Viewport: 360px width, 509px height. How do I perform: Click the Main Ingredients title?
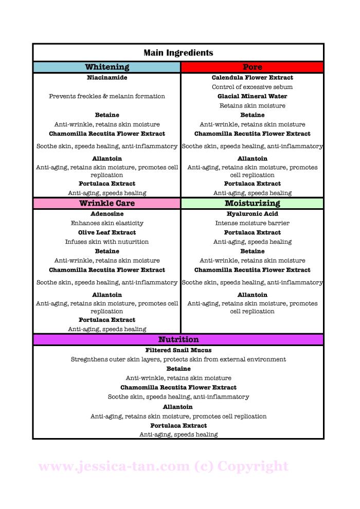click(178, 53)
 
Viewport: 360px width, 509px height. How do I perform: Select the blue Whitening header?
click(107, 67)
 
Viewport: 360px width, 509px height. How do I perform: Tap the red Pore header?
click(252, 67)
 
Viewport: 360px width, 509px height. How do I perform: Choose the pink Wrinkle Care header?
click(107, 204)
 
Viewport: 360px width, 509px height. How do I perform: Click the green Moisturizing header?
click(252, 204)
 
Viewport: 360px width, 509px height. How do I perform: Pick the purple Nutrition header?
click(178, 340)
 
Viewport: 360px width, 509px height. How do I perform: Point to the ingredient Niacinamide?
click(107, 78)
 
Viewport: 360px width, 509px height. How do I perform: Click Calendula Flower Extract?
click(252, 78)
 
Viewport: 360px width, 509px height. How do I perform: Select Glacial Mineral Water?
click(252, 96)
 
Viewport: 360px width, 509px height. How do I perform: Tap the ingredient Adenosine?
click(107, 214)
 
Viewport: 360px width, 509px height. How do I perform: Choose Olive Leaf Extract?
click(107, 232)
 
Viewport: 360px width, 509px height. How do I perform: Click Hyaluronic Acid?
click(252, 214)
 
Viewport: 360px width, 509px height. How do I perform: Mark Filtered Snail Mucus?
click(178, 350)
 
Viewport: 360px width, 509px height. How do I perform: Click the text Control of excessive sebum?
click(252, 87)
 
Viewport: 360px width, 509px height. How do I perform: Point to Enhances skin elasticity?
click(107, 223)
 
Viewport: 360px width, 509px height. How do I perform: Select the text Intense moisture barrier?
click(252, 223)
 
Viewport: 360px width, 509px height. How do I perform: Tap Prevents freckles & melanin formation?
click(107, 96)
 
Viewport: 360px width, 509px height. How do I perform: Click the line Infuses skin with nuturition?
click(107, 242)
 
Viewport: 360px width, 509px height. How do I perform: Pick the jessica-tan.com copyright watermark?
click(164, 466)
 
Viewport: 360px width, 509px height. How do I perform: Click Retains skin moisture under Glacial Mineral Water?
click(252, 105)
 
